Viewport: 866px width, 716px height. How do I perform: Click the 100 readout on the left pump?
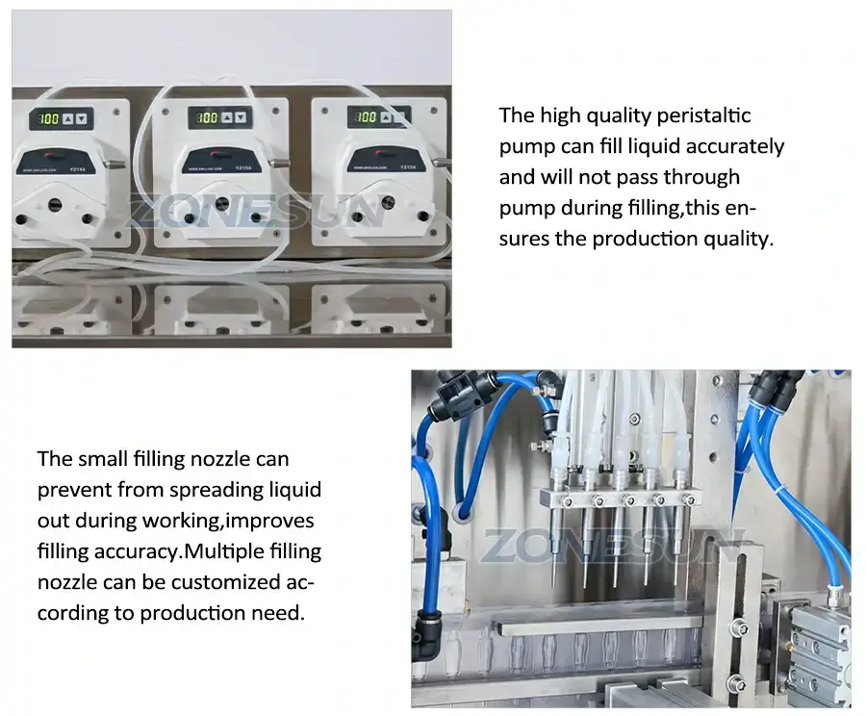(x=47, y=119)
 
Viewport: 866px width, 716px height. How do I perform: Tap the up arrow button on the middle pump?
(x=226, y=118)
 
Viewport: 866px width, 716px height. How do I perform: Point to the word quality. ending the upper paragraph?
(x=740, y=239)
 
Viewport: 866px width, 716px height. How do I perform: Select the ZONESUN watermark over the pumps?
(x=253, y=210)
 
